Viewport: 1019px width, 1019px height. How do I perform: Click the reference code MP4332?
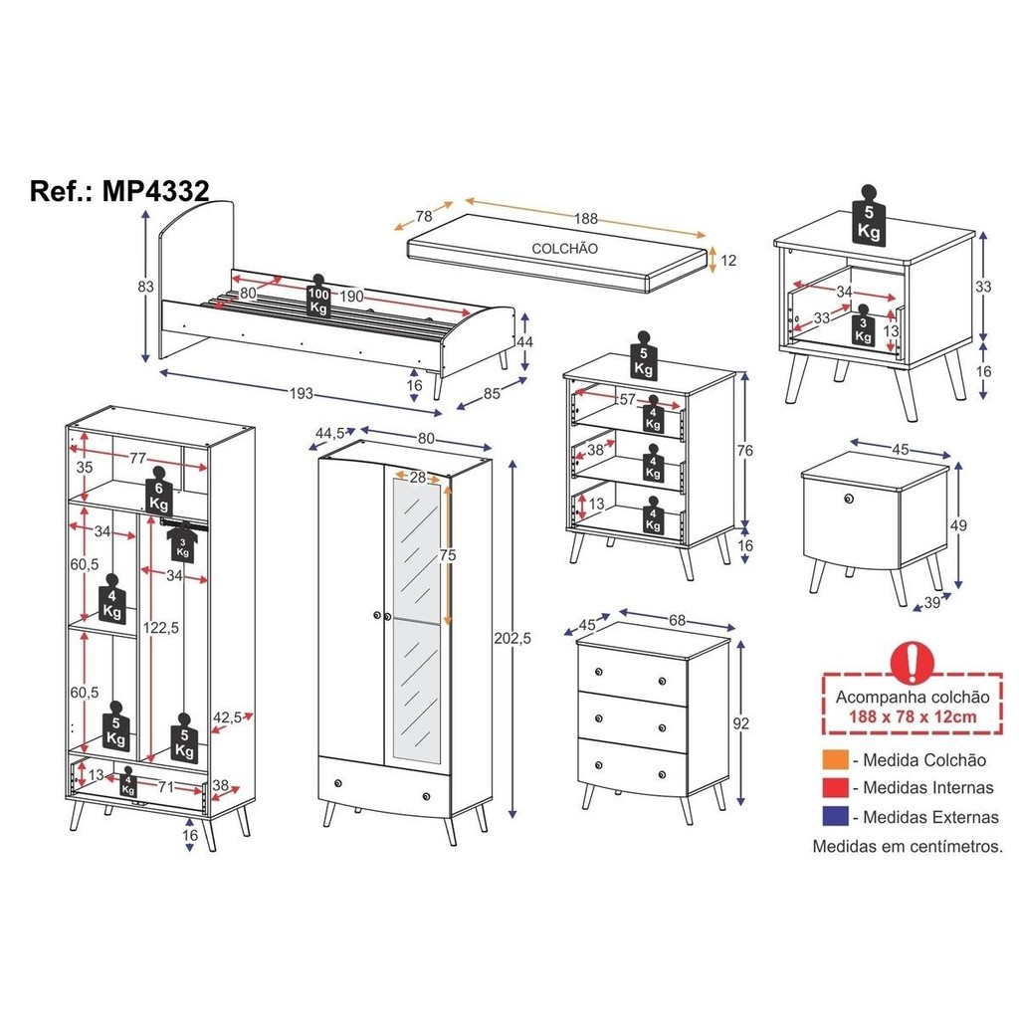(156, 191)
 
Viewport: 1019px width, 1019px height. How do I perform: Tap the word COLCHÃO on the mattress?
(565, 248)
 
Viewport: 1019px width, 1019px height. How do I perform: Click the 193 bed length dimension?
(301, 393)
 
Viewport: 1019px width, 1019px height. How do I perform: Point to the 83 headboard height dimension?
(145, 286)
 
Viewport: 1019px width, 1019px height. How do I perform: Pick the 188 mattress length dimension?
(585, 218)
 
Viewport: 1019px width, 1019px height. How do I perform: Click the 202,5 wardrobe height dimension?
(512, 638)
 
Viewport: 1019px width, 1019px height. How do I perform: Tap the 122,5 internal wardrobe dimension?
(160, 628)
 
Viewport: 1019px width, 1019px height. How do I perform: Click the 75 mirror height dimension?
(447, 555)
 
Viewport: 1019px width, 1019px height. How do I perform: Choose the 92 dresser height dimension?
(740, 723)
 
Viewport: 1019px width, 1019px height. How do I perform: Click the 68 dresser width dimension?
(677, 620)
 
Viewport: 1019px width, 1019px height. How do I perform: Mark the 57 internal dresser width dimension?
(627, 399)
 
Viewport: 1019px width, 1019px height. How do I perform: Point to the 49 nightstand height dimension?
(958, 525)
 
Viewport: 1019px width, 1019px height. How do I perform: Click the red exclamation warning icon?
(913, 662)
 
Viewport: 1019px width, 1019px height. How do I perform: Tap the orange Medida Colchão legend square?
(835, 759)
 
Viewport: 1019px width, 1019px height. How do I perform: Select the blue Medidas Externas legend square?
(835, 816)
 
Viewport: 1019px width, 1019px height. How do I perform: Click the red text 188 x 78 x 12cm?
(913, 716)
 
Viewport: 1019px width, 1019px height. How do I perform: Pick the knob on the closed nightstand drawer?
(848, 499)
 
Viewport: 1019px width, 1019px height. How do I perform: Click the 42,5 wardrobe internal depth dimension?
(228, 717)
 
